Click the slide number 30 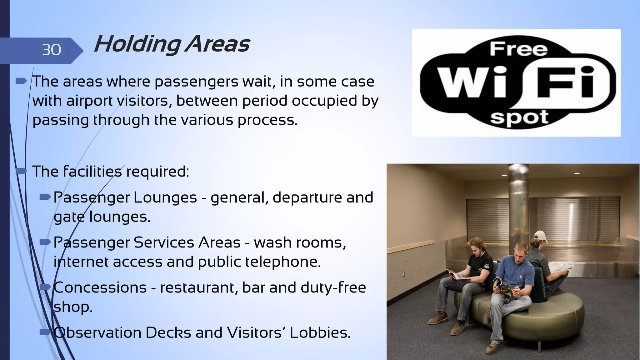(x=52, y=50)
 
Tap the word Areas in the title (x=217, y=44)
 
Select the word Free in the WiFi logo (x=518, y=49)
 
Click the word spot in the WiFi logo (x=519, y=118)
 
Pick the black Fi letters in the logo (x=565, y=82)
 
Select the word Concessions (x=100, y=287)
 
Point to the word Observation (x=97, y=332)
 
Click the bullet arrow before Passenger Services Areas (x=45, y=242)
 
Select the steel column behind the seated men (x=519, y=203)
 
